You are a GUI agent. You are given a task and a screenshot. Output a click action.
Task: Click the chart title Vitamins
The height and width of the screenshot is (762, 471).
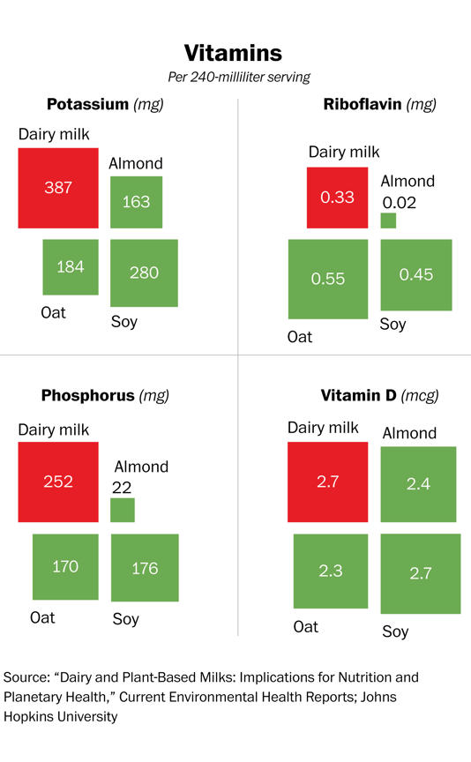click(x=233, y=53)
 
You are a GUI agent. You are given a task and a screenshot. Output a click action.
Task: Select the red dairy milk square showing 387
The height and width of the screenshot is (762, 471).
click(x=58, y=188)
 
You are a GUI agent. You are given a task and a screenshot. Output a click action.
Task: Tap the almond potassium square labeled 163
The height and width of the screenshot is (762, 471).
click(x=136, y=202)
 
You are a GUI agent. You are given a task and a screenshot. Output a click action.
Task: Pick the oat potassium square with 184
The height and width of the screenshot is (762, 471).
click(x=70, y=267)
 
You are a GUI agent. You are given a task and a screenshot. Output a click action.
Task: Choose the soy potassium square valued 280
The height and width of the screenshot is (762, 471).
click(x=145, y=273)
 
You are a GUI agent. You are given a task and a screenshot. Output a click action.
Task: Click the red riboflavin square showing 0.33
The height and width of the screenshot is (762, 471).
click(x=337, y=198)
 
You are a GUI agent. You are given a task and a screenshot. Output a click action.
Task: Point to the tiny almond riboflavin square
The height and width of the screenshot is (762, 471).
click(x=388, y=221)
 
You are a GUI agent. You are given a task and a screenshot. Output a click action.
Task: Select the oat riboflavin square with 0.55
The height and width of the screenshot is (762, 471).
click(x=328, y=279)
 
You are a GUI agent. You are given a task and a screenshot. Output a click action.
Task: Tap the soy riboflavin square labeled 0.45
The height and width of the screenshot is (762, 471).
click(x=416, y=274)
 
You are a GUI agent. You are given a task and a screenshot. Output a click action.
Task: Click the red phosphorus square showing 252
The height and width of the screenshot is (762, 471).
click(x=58, y=482)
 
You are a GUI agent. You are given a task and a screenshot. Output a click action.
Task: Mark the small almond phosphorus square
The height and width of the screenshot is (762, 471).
click(x=123, y=510)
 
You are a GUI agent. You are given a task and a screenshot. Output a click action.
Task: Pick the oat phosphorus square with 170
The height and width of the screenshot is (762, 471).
click(x=65, y=567)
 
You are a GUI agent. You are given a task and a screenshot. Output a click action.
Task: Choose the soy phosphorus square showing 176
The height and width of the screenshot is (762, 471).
click(x=145, y=569)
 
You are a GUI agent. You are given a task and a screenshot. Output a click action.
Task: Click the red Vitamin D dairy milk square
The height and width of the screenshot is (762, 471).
click(x=327, y=482)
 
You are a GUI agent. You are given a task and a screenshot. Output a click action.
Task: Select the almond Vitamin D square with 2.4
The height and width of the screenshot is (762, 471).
click(x=418, y=485)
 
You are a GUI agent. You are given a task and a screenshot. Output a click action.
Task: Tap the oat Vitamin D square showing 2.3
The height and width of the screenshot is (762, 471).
click(x=330, y=571)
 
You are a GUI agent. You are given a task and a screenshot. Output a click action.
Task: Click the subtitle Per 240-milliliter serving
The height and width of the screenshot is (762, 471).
click(x=233, y=77)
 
